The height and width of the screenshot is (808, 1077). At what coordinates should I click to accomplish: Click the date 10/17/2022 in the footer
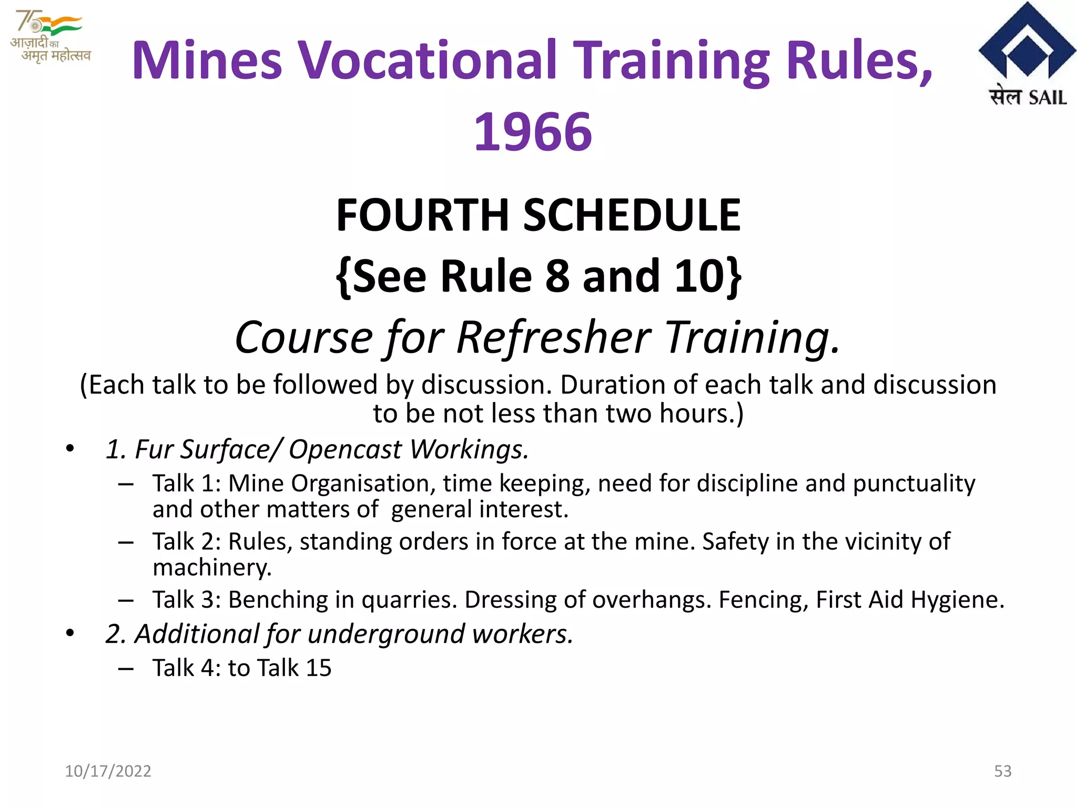pos(108,771)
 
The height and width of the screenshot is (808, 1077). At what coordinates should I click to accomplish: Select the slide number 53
pos(1002,771)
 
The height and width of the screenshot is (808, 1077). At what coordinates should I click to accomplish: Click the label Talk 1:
pos(187,483)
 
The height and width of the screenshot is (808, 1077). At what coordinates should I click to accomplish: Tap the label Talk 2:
pos(187,541)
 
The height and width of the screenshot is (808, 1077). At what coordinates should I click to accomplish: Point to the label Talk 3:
pos(187,600)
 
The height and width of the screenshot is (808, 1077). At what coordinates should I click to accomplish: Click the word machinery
pos(211,568)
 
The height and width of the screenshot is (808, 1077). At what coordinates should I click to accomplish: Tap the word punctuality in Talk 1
pos(914,483)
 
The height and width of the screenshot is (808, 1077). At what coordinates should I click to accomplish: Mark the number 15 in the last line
pos(319,668)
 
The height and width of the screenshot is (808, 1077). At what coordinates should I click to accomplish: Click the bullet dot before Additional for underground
pos(70,633)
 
